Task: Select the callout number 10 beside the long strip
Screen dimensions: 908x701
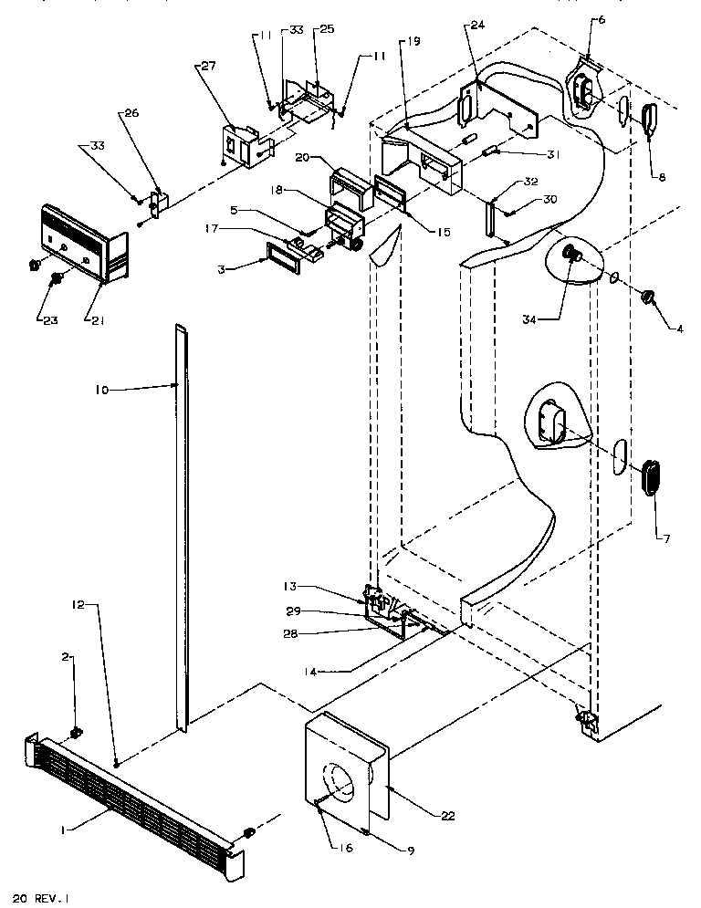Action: click(101, 390)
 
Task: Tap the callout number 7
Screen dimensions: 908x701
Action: click(666, 539)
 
